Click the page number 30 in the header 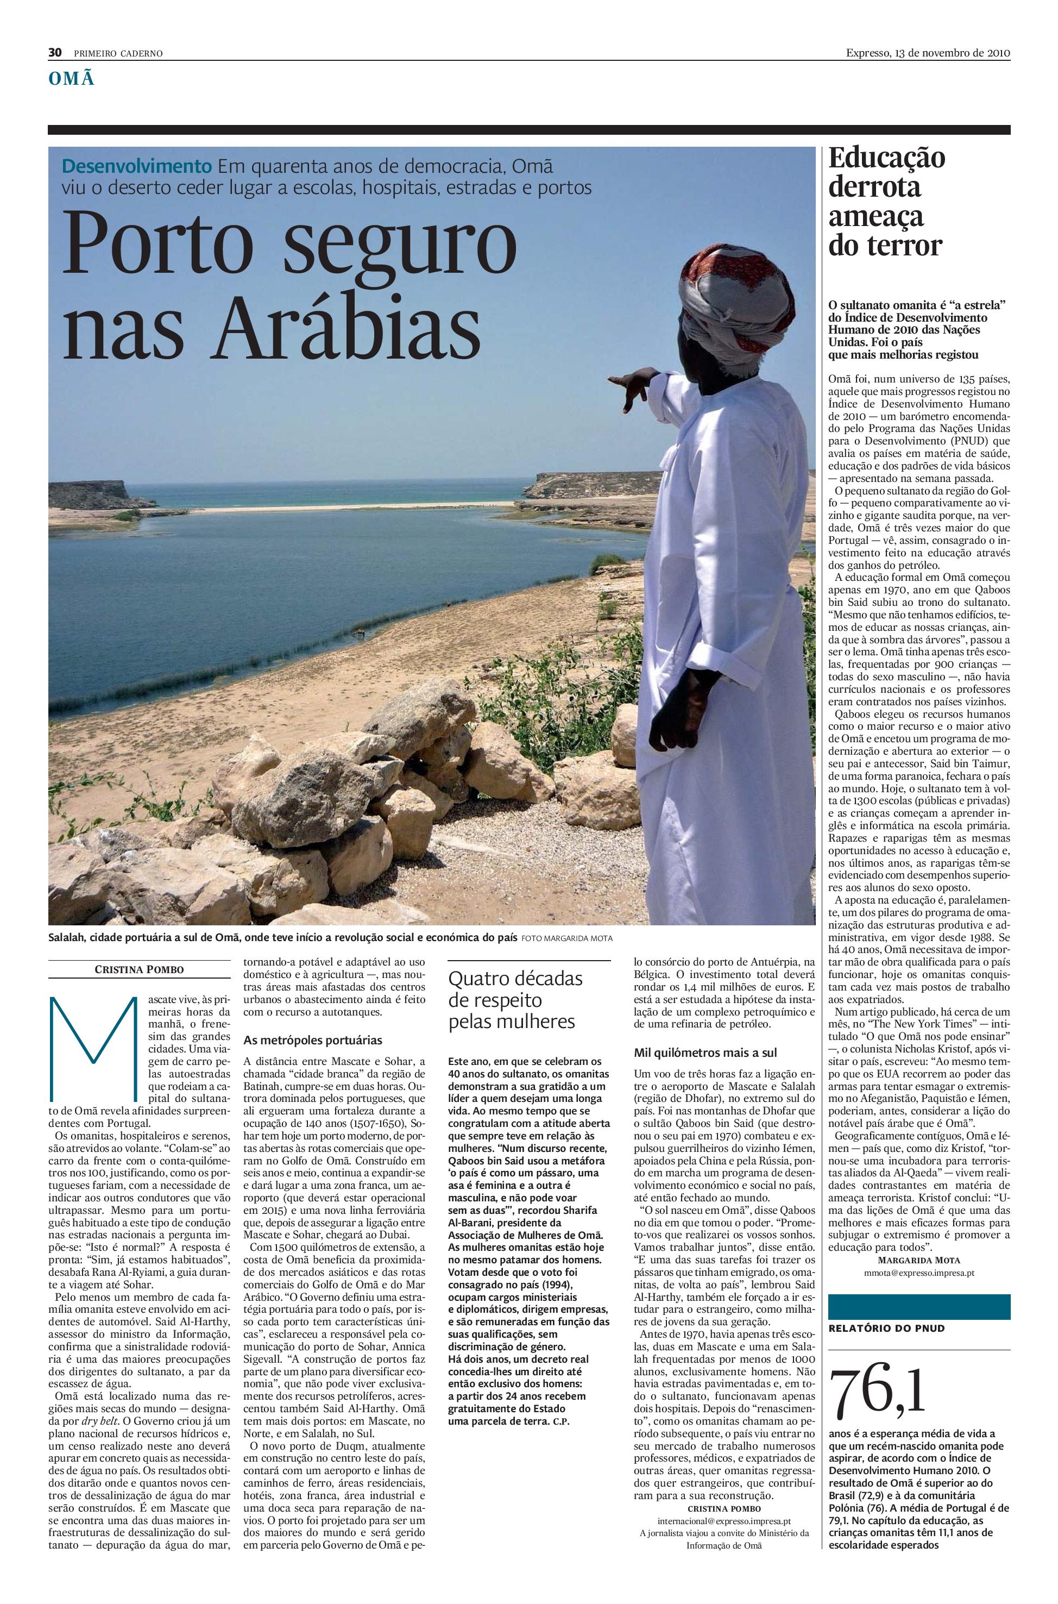55,53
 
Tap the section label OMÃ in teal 70,80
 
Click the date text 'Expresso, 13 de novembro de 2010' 928,53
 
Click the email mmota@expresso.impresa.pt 919,1272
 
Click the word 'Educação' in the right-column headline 886,159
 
